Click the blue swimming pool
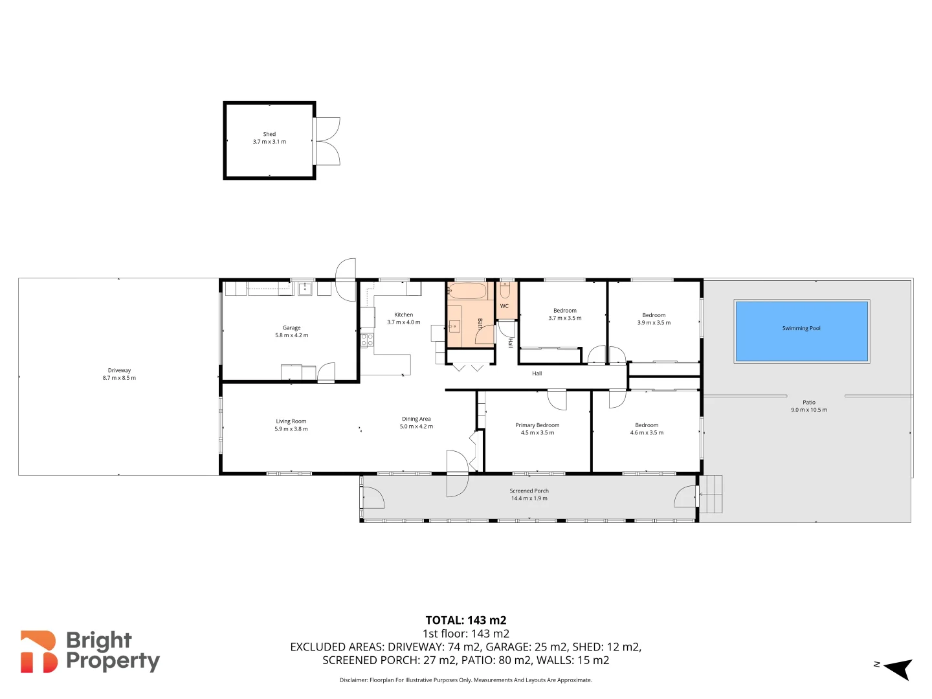click(x=801, y=331)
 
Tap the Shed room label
click(x=269, y=134)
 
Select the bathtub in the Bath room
click(x=467, y=291)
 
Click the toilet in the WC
click(x=505, y=289)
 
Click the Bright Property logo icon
click(x=38, y=652)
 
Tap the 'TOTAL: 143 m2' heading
click(x=465, y=620)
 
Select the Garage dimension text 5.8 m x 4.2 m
click(x=291, y=335)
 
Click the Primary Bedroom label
click(x=537, y=425)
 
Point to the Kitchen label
click(x=403, y=315)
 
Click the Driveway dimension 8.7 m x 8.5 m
click(x=119, y=378)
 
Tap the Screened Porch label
click(x=529, y=491)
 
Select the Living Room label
click(x=291, y=421)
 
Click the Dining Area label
click(x=416, y=419)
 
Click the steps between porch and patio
click(x=711, y=494)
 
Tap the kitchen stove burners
click(x=367, y=340)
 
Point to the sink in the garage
click(x=304, y=289)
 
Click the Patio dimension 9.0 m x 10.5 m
click(x=808, y=410)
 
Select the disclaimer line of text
click(x=465, y=680)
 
